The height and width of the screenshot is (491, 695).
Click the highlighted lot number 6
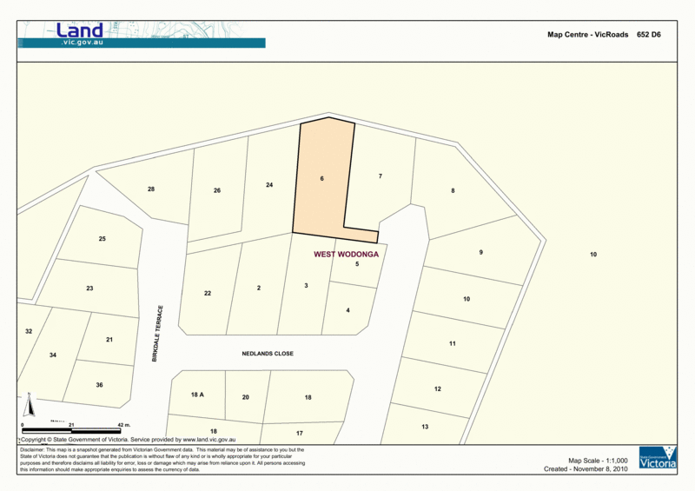point(321,179)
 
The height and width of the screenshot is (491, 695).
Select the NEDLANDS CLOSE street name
point(268,354)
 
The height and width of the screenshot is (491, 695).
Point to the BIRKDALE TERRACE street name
point(158,334)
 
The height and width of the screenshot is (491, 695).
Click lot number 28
point(151,189)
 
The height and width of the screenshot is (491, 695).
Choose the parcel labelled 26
point(217,190)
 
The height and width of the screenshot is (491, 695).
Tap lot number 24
point(269,185)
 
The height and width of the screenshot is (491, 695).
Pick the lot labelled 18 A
point(196,395)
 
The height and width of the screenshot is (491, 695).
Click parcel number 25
point(102,239)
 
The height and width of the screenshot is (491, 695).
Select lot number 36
point(99,385)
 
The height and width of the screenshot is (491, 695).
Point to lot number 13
point(425,427)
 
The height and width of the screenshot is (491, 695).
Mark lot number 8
point(453,190)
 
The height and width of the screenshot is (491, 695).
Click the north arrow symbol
point(29,405)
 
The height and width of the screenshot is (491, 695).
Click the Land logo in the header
point(79,31)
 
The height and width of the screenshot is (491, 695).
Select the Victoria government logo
point(657,459)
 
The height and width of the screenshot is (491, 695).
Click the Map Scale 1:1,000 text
point(597,460)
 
